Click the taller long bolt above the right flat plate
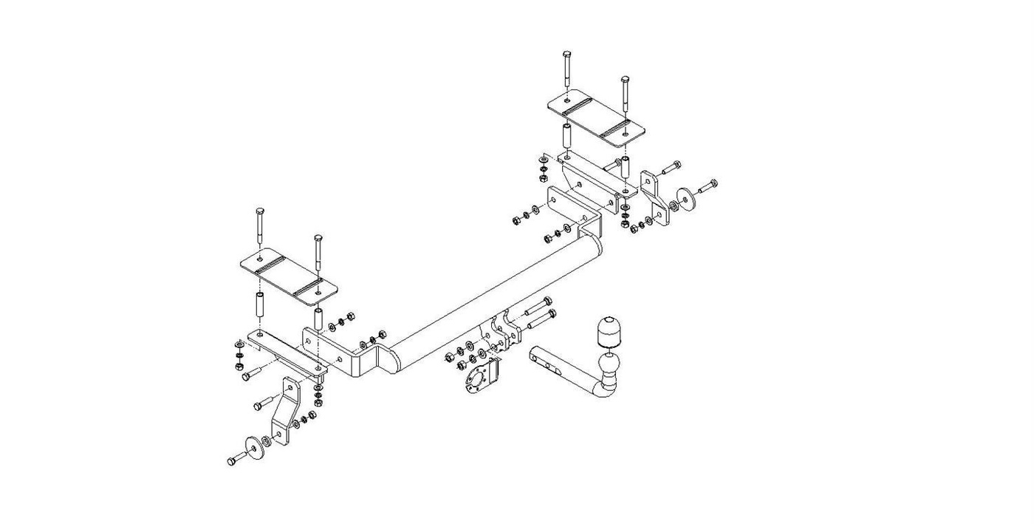tap(566, 74)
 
